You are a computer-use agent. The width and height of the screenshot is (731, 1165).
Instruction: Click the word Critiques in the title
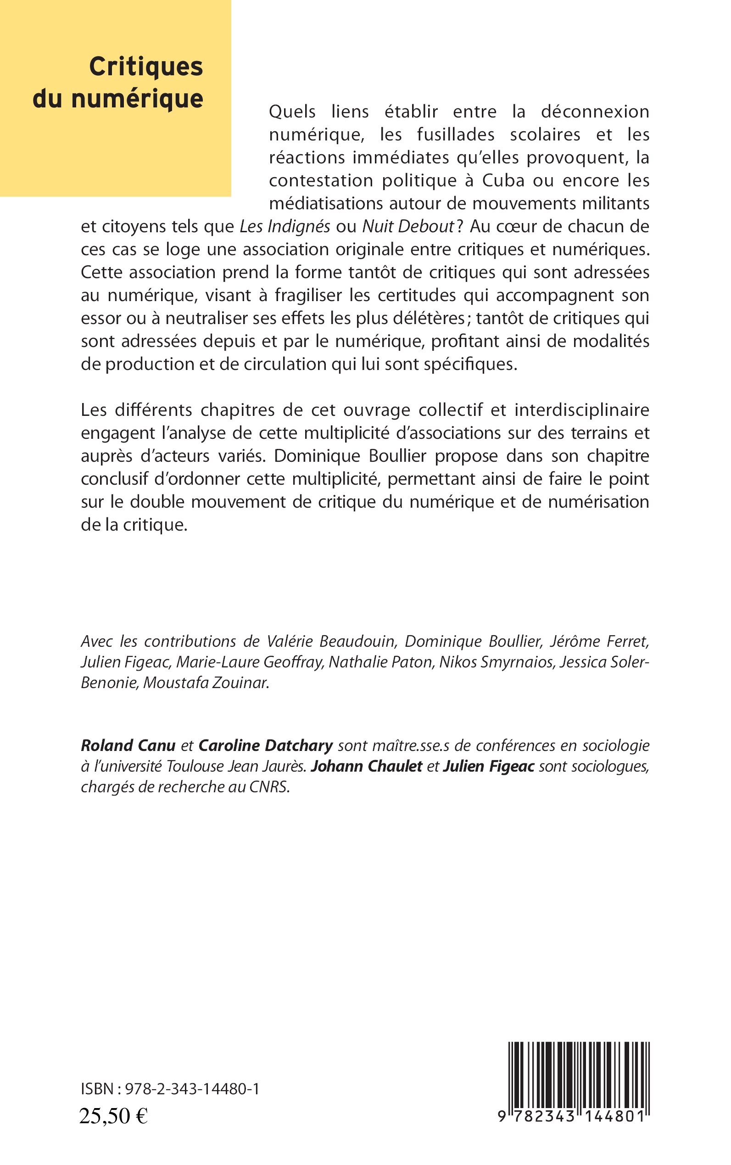(146, 67)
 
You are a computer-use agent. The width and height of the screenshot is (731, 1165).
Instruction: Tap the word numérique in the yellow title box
(137, 99)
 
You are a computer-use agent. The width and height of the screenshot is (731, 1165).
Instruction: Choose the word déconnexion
(595, 112)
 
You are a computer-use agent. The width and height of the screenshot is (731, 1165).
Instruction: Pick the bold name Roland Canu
(128, 746)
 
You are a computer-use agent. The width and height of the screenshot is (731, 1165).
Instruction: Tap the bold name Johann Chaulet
(367, 767)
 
